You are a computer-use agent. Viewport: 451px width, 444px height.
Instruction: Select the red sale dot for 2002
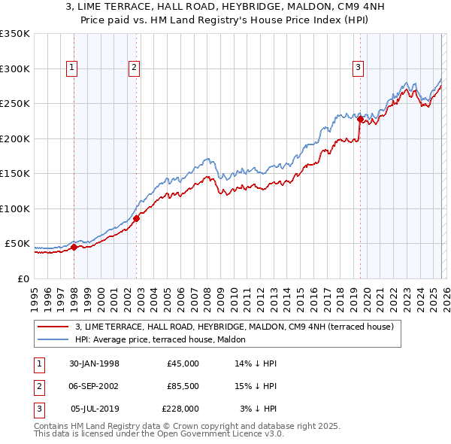(136, 219)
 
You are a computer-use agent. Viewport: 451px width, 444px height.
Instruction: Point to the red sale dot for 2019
(360, 119)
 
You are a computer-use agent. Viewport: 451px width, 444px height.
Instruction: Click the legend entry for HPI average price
(144, 339)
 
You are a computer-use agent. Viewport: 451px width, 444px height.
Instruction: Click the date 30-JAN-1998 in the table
(94, 363)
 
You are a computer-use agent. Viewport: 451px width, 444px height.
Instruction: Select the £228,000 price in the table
(180, 409)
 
